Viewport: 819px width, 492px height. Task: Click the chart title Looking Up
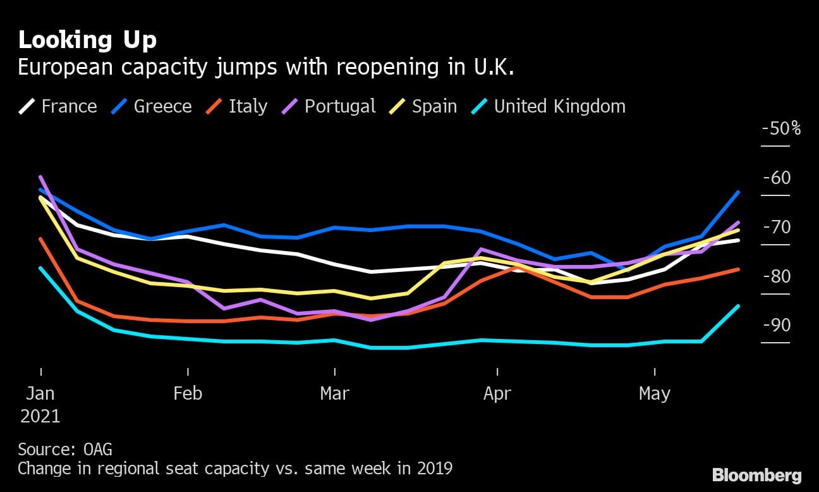[x=87, y=40]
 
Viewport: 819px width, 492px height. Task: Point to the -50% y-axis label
[x=781, y=128]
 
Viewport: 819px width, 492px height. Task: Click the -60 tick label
[x=777, y=178]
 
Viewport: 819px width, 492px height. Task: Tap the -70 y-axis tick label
[x=777, y=227]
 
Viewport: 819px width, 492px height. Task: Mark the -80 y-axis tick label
[x=777, y=276]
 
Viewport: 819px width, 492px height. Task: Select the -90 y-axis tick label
[x=777, y=325]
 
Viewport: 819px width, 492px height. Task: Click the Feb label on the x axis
[x=188, y=393]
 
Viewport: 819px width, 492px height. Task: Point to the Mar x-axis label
[x=334, y=393]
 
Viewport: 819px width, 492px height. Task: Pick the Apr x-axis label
[x=497, y=393]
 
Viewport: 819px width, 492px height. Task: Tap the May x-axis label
[x=654, y=393]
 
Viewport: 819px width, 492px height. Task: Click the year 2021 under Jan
[x=40, y=416]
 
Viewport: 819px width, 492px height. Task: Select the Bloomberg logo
[x=756, y=476]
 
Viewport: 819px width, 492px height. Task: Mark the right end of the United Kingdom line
[x=738, y=306]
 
